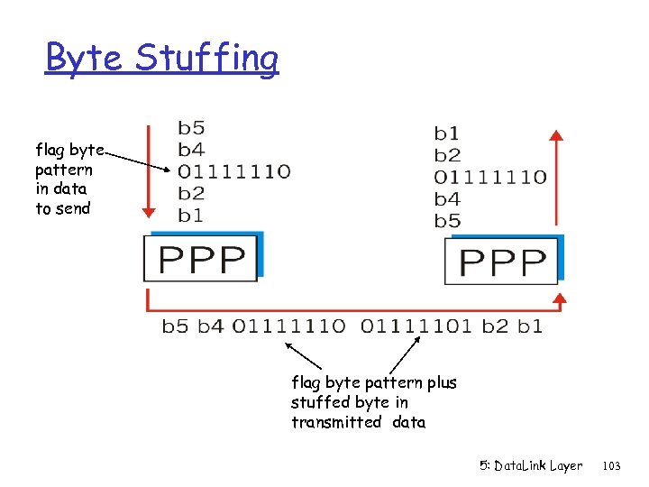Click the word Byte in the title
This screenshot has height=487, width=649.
coord(87,59)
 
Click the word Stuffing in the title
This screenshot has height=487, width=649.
coord(206,59)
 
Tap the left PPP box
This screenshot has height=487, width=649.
coord(202,260)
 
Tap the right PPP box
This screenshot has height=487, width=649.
coord(502,262)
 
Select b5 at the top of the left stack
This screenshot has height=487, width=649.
coord(190,129)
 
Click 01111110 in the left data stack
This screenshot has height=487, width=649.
coord(233,171)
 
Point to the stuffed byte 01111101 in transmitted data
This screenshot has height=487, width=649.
coord(416,326)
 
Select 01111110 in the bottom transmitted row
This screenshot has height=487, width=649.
coord(288,326)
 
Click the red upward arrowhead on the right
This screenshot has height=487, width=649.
coord(557,137)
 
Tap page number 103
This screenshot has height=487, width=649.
coord(611,465)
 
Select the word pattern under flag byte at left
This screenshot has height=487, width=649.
coord(63,170)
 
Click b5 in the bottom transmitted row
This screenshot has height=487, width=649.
coord(175,326)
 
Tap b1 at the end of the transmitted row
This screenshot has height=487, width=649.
coord(531,326)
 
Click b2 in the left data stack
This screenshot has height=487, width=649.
coord(190,193)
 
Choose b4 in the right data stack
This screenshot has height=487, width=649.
coord(447,199)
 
